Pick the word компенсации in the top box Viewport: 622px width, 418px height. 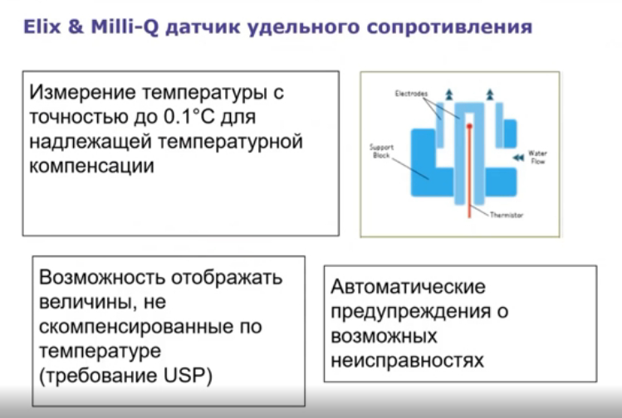tap(92, 165)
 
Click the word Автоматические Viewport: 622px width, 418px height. tap(408, 288)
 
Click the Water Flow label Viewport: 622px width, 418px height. tap(537, 157)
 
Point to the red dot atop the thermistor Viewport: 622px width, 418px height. tap(468, 126)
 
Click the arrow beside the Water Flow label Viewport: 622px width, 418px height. tap(518, 156)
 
